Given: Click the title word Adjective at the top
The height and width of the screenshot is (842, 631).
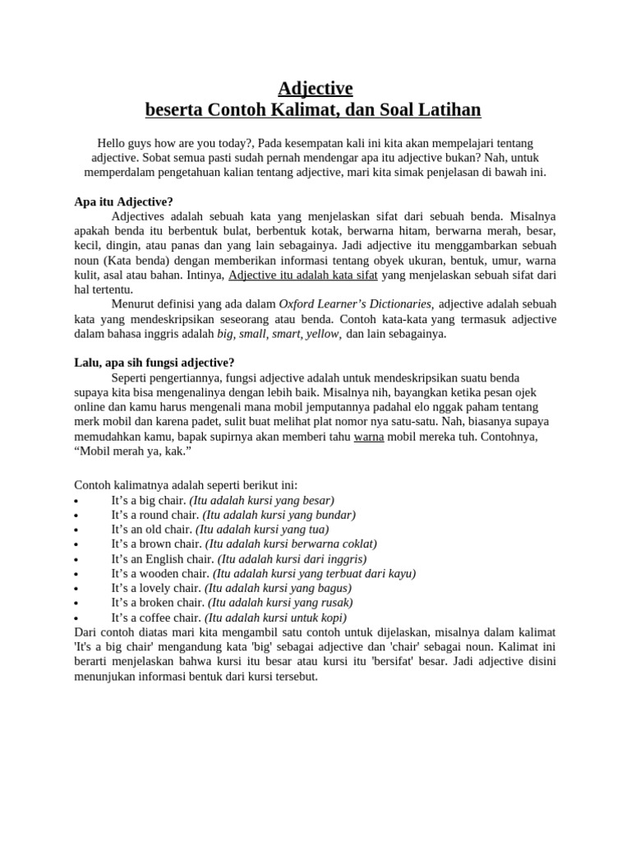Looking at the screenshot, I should click(315, 88).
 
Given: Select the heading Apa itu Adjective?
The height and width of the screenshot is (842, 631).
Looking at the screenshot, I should click(124, 201).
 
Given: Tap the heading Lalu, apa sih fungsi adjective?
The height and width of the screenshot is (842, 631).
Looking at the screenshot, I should click(154, 363).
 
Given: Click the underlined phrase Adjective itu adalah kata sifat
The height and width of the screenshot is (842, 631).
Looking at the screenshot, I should click(302, 275).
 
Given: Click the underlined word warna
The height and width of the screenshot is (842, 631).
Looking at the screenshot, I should click(369, 437).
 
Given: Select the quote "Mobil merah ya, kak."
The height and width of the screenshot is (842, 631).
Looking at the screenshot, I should click(133, 451).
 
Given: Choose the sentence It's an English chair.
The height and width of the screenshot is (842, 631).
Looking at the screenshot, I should click(162, 559).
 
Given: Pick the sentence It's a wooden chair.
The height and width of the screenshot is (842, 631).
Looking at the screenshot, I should click(160, 574).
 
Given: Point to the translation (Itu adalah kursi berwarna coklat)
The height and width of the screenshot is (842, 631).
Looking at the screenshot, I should click(291, 544).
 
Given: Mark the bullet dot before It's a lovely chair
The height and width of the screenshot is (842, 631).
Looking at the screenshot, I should click(76, 590).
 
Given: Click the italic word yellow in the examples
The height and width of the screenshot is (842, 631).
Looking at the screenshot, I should click(324, 334).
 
